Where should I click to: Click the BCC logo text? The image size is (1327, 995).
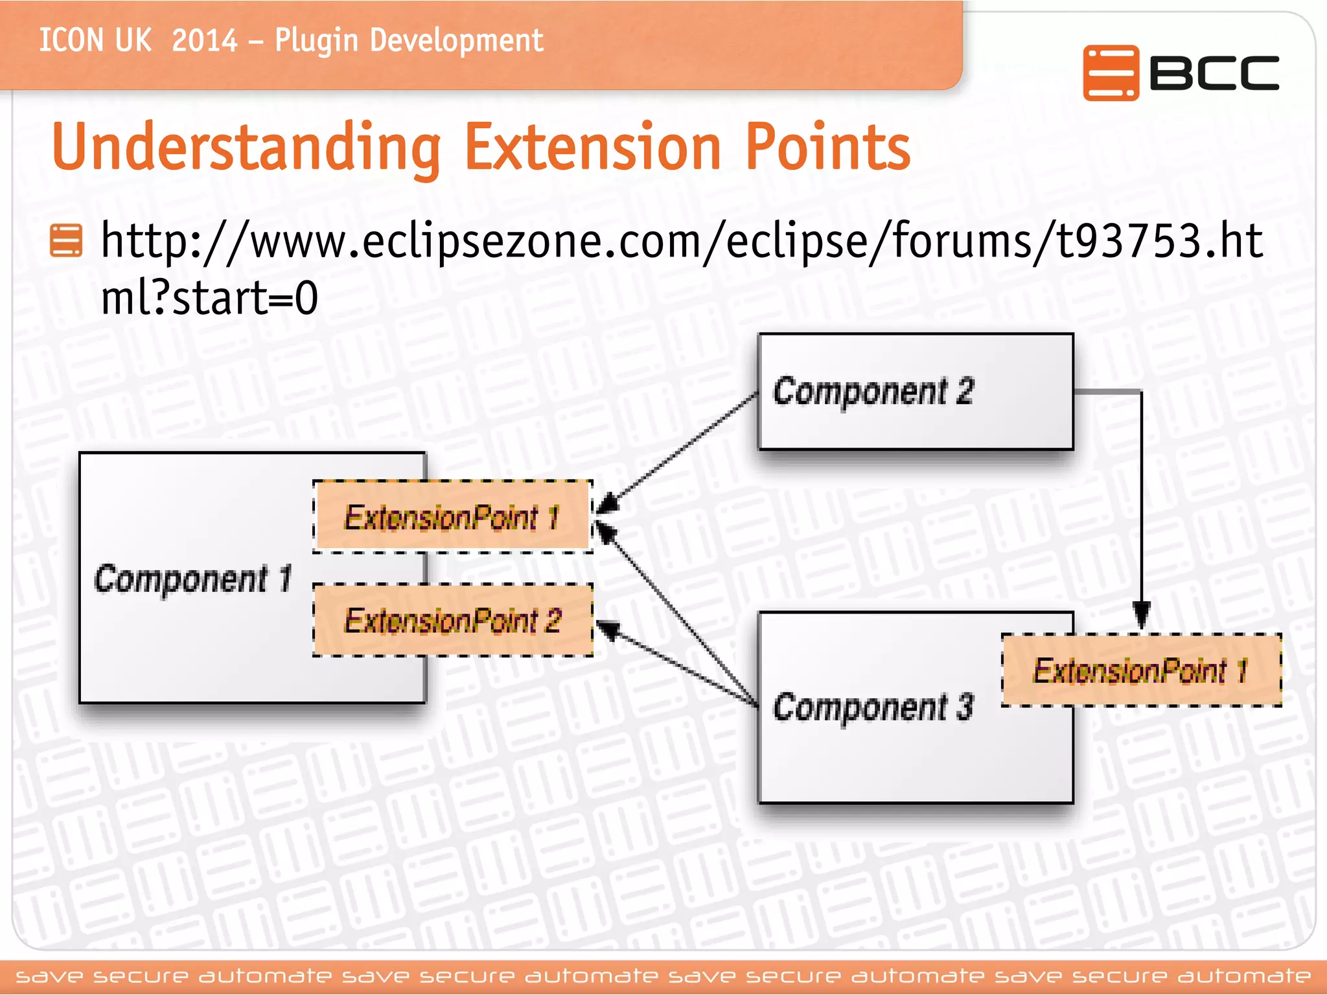1214,73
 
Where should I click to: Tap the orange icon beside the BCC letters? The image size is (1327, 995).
1111,73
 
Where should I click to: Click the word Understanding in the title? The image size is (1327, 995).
246,148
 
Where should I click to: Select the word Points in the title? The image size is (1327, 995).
827,148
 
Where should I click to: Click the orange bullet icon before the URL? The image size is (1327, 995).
66,240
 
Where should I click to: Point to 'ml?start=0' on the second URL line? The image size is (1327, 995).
209,298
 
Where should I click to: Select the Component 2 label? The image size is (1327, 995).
873,391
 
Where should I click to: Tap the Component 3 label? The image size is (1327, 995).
873,707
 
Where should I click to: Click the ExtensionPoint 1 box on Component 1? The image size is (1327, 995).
452,517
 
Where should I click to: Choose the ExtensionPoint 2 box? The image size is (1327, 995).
452,621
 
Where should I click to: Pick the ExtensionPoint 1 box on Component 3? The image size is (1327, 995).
1141,670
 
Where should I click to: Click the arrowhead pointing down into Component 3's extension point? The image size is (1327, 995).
1141,615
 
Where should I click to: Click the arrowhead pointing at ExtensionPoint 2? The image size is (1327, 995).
608,629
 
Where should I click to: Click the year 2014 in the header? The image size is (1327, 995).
205,41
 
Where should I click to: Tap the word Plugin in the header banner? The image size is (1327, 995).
316,41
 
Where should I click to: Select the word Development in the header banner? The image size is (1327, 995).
456,41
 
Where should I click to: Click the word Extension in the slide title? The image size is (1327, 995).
593,148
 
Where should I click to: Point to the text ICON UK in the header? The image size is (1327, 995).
95,41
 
